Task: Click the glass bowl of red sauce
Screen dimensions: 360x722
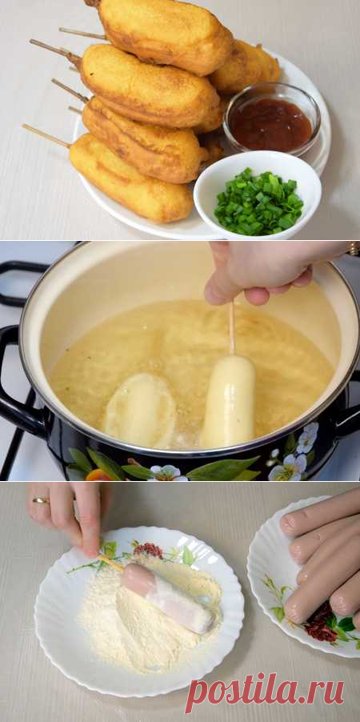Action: pos(272,118)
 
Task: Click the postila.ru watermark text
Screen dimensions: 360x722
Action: pos(264,692)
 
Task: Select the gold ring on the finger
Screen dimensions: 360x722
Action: pos(41,500)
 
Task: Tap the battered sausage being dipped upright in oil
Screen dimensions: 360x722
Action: pos(229,400)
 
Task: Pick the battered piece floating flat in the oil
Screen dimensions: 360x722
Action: pos(139,411)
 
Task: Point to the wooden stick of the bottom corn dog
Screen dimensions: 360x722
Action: pos(46,136)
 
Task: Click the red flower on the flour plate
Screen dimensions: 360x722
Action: pos(148,550)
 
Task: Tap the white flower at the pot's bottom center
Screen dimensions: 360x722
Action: pos(169,473)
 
